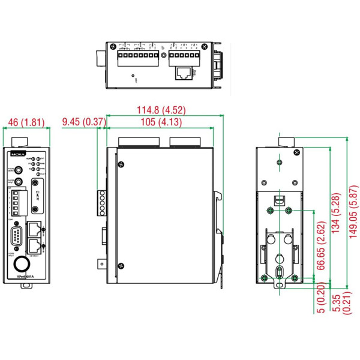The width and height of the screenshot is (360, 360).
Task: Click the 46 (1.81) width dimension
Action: (25, 122)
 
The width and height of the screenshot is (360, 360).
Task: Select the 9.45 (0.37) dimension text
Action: (84, 122)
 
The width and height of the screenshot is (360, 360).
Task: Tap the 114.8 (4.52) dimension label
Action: (159, 110)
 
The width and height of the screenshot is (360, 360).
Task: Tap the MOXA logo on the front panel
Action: (16, 154)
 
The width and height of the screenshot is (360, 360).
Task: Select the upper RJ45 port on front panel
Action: (35, 229)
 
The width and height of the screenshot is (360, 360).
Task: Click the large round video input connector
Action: (22, 263)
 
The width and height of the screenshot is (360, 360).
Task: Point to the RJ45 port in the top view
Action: (184, 74)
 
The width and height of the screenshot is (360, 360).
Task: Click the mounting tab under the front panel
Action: (25, 286)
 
